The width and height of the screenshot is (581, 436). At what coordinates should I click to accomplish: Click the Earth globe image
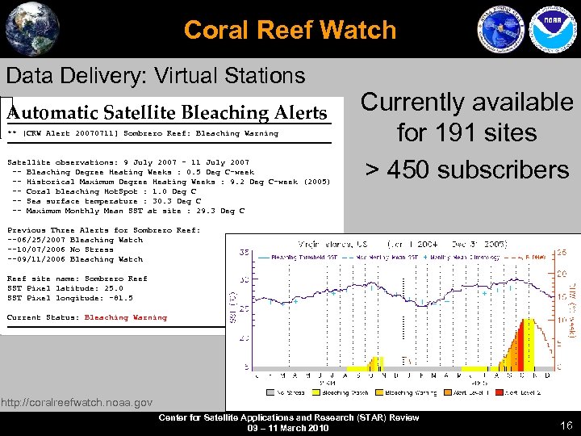tap(31, 29)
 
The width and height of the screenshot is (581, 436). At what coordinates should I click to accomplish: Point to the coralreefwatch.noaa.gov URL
tap(77, 402)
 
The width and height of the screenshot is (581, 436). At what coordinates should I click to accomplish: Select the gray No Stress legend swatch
tap(263, 393)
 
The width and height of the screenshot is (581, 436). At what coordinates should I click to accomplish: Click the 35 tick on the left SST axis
tap(243, 252)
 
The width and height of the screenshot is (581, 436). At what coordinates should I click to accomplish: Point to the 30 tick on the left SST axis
tap(243, 280)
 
